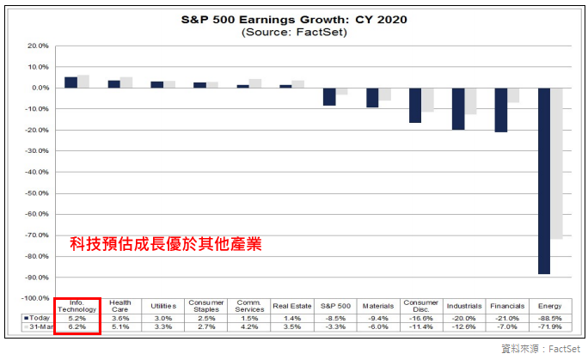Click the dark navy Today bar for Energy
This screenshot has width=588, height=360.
(544, 180)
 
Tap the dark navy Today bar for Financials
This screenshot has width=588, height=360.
(501, 109)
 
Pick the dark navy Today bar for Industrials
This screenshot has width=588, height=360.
(458, 108)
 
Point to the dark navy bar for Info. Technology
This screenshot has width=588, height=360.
(70, 82)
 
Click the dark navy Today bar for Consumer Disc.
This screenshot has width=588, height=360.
(415, 105)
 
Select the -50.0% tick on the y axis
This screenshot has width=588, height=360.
(38, 193)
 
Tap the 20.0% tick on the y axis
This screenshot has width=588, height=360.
(38, 46)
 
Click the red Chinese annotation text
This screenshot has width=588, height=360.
(166, 244)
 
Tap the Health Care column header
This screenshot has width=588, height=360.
(120, 305)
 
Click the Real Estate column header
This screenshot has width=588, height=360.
(292, 305)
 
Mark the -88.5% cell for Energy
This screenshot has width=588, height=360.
(550, 317)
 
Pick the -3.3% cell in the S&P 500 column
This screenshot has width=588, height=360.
(335, 327)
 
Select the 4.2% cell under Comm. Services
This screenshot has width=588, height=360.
(249, 327)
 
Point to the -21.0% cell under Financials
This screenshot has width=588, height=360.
(507, 317)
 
